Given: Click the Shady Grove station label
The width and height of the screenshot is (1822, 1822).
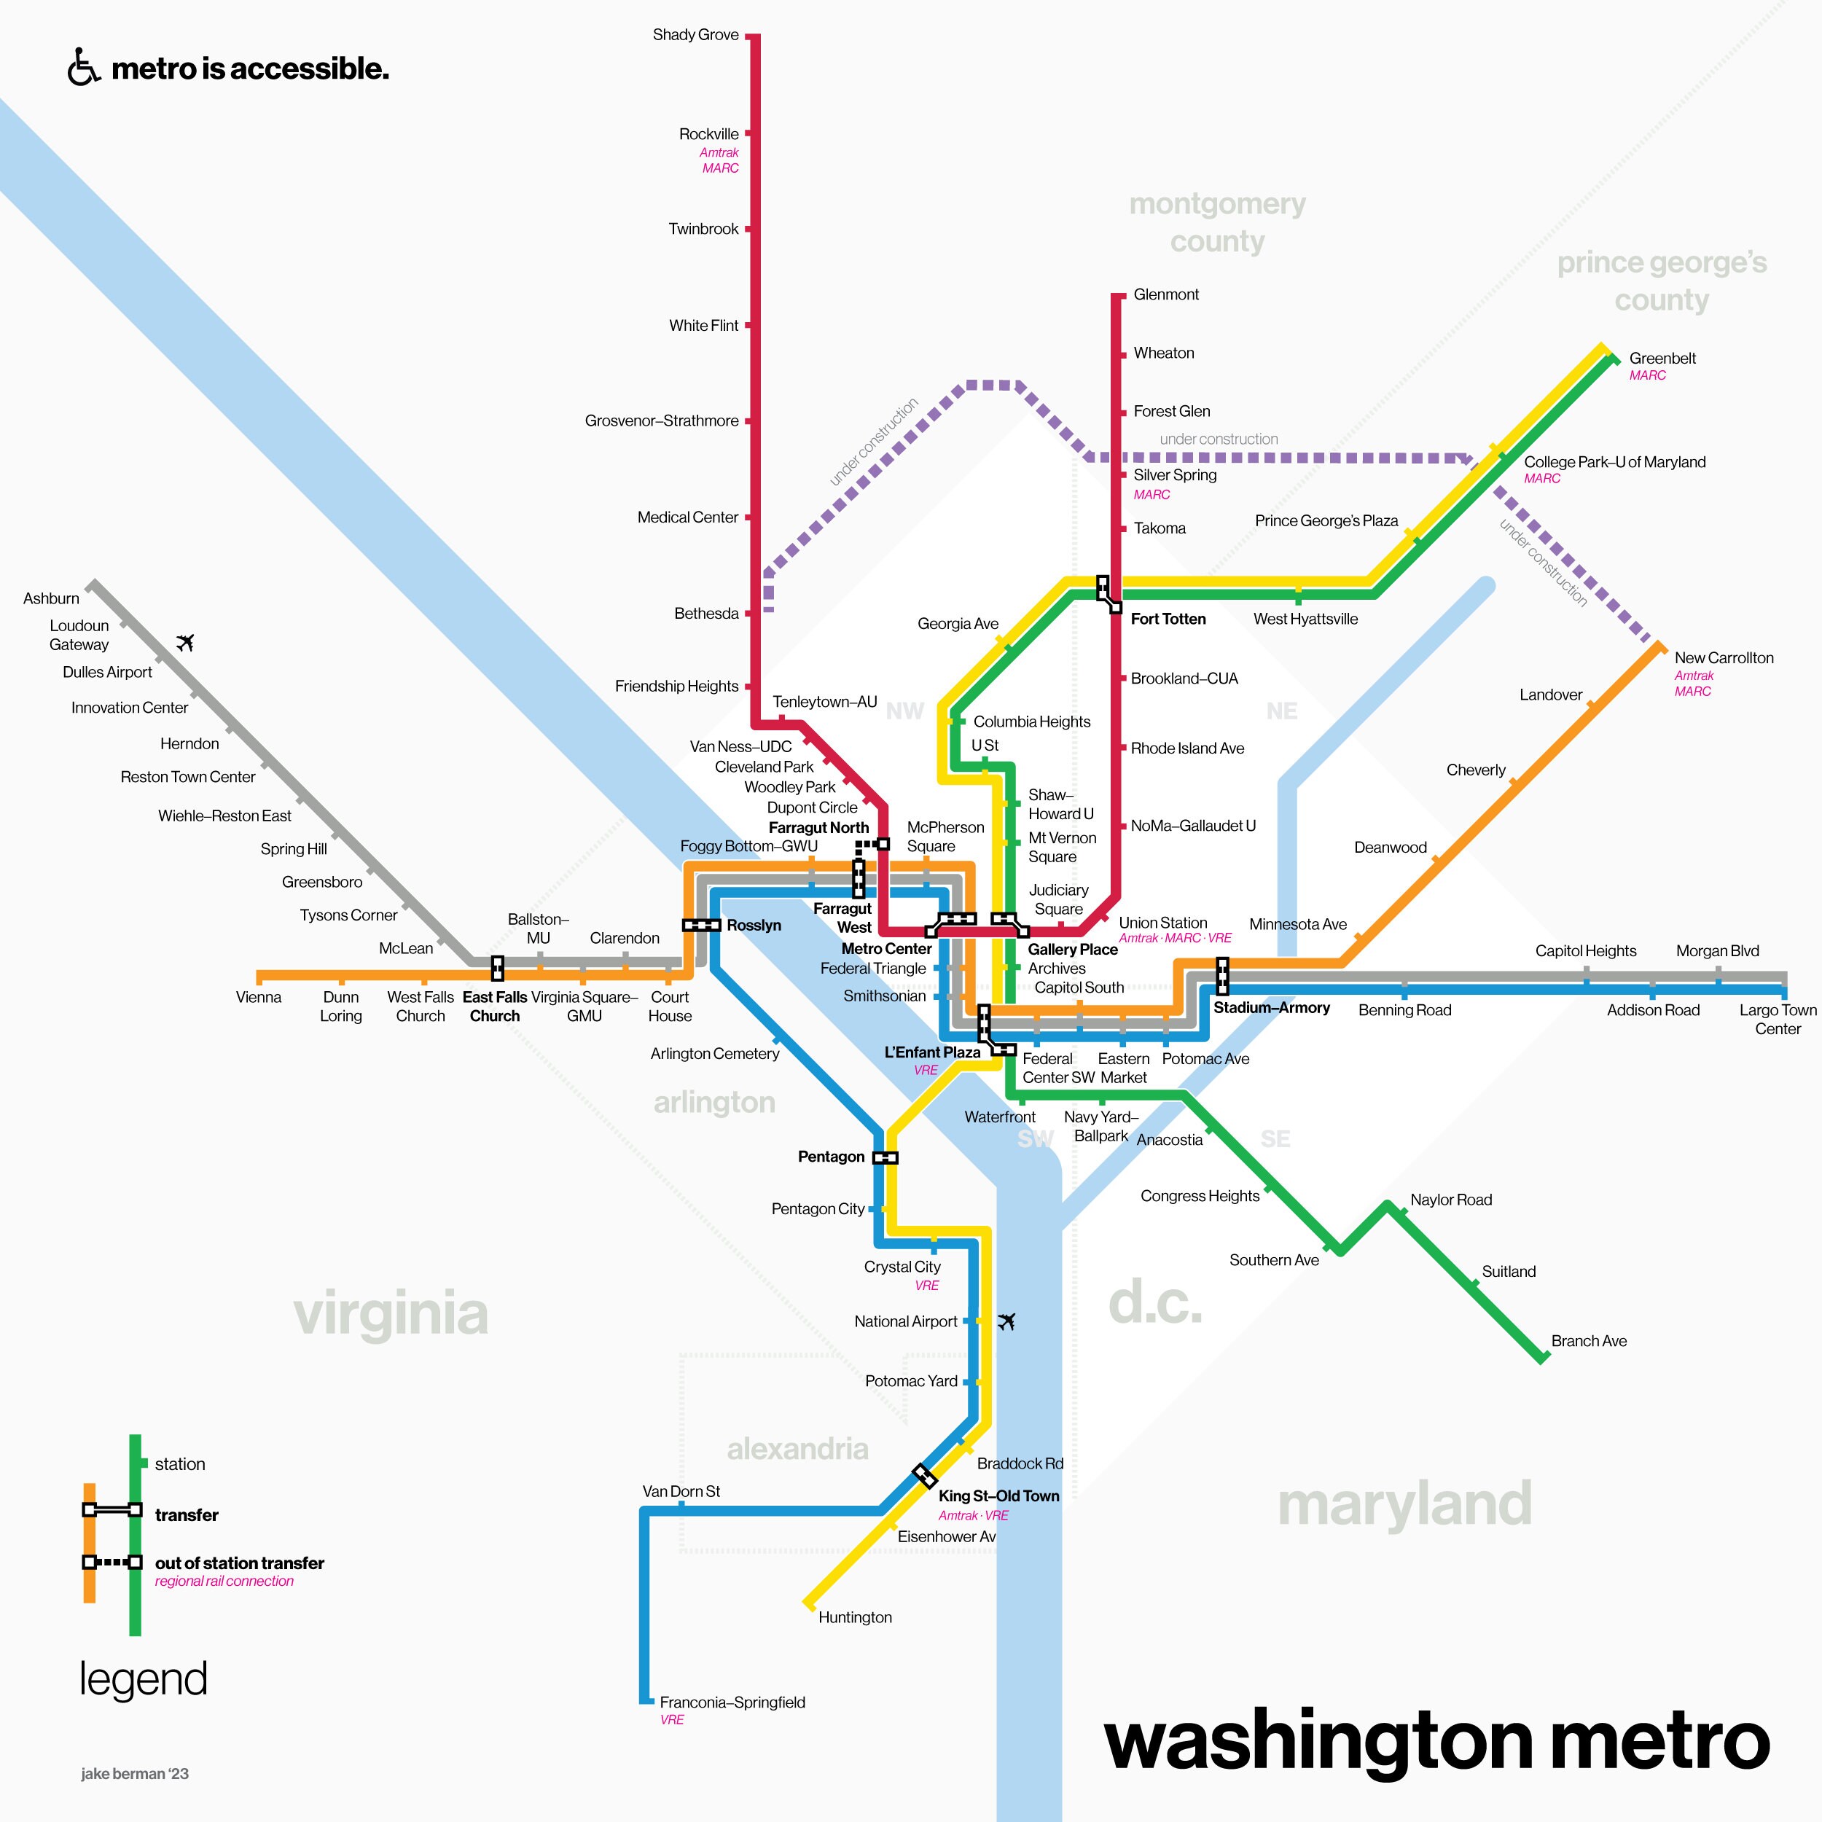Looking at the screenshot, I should pos(695,35).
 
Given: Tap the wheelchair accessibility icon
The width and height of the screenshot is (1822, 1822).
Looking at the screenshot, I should pos(84,68).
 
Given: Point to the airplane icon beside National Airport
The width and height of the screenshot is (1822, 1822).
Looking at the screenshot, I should pos(1006,1321).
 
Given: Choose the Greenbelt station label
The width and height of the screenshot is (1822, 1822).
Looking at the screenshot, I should pos(1662,359).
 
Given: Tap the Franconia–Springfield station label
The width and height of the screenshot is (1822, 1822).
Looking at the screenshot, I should pos(732,1702).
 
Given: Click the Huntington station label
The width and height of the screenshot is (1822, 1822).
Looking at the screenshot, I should pos(854,1617).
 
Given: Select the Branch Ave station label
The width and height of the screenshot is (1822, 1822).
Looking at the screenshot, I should pos(1588,1341).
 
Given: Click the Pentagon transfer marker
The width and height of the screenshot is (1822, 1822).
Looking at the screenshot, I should pos(885,1157).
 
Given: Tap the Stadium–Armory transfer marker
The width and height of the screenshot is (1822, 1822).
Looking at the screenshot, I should pos(1222,976).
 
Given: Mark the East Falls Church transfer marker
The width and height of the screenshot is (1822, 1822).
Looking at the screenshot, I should pos(497,968).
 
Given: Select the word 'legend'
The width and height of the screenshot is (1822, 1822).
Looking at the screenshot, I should pos(144,1680).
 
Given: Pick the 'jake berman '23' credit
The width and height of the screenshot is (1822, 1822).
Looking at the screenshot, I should pos(135,1774).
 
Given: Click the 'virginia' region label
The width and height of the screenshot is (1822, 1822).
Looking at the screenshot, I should pos(391,1314).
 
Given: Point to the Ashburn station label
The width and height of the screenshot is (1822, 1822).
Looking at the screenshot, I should pos(51,599).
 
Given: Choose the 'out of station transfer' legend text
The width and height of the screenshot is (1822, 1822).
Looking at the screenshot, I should pos(240,1563).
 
